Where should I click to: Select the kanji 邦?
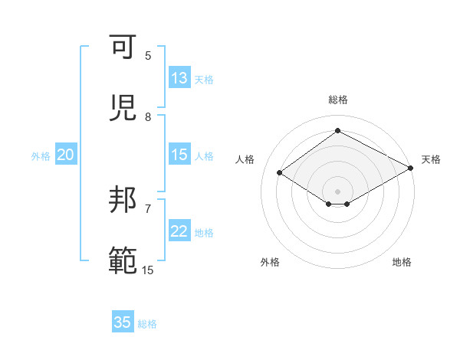pyautogui.click(x=123, y=200)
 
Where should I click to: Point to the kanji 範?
pyautogui.click(x=123, y=260)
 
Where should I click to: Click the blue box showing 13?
pyautogui.click(x=179, y=78)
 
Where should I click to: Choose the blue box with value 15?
pyautogui.click(x=179, y=155)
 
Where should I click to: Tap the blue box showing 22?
pyautogui.click(x=179, y=232)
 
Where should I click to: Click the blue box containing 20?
pyautogui.click(x=65, y=155)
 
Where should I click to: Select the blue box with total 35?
pyautogui.click(x=123, y=322)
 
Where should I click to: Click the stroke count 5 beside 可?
pyautogui.click(x=148, y=56)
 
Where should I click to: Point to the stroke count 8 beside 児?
pyautogui.click(x=148, y=117)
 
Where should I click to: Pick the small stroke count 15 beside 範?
pyautogui.click(x=148, y=270)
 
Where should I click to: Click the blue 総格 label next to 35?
pyautogui.click(x=147, y=324)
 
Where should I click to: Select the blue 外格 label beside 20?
pyautogui.click(x=41, y=156)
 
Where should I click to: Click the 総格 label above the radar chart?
pyautogui.click(x=337, y=100)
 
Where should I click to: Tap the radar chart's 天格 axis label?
pyautogui.click(x=431, y=159)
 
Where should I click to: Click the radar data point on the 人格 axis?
pyautogui.click(x=280, y=173)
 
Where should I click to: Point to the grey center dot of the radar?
pyautogui.click(x=337, y=191)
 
